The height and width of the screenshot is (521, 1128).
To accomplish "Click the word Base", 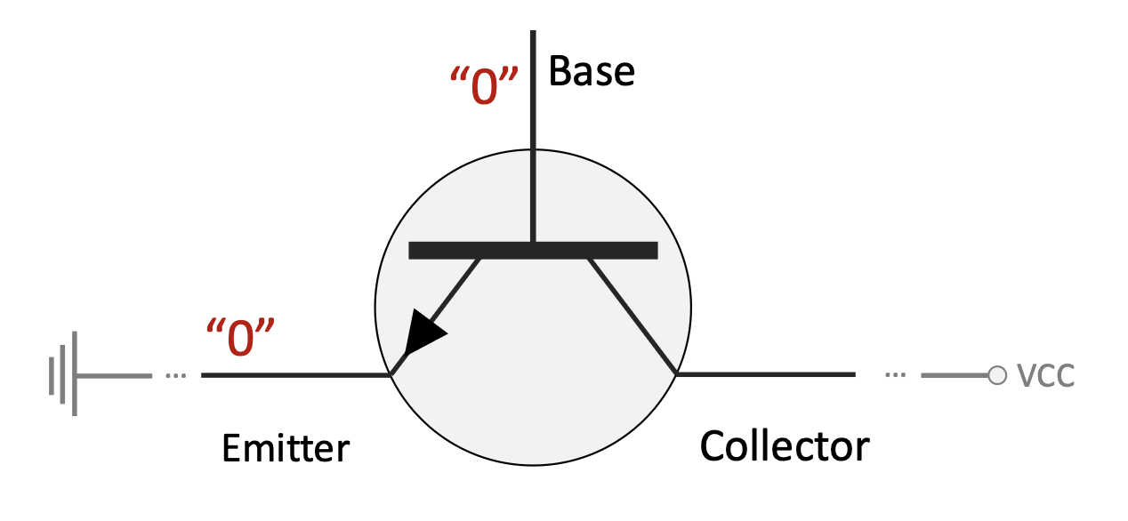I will (x=592, y=71).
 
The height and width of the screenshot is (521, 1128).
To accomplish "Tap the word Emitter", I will (x=286, y=448).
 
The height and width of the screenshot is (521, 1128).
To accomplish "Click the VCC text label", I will (x=1045, y=376).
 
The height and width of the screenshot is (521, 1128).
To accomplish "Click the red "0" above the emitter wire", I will (x=238, y=339).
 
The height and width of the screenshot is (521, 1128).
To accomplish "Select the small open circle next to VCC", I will (x=997, y=375).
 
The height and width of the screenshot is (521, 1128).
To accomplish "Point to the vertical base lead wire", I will (x=533, y=133).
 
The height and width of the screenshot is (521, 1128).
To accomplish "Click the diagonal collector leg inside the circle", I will (x=632, y=316).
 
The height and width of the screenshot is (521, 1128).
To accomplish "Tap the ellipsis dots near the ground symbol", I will (x=175, y=375).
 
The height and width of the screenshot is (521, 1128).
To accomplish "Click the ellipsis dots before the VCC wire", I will (x=896, y=375).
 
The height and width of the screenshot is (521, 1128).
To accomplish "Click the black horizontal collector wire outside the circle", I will (x=765, y=374).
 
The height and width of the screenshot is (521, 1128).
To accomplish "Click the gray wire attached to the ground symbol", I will (x=116, y=375).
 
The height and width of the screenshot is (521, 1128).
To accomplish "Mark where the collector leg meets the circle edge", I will (x=676, y=373).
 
